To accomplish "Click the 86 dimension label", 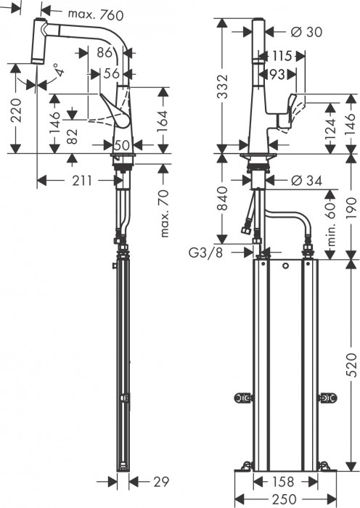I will tap(105, 53).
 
